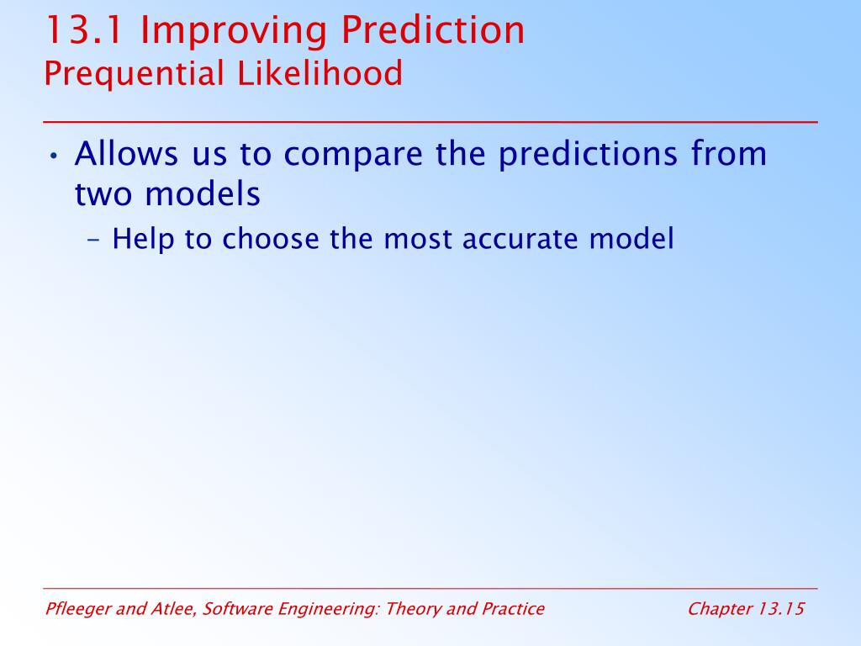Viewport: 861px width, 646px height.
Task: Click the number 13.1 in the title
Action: pos(84,30)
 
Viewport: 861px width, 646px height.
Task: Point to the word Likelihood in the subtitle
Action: pos(320,73)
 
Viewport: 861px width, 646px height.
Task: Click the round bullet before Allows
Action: pos(53,156)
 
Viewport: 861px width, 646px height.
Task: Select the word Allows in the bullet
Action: pos(126,153)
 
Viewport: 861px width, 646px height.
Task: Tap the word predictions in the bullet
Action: pos(588,155)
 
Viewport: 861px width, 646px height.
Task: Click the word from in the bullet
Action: pos(729,153)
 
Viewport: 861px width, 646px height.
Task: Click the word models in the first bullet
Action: pos(203,193)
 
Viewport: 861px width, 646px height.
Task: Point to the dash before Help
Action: pos(94,240)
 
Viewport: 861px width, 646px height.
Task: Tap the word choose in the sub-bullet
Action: pos(270,240)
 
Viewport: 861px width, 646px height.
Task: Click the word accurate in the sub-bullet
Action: pos(520,240)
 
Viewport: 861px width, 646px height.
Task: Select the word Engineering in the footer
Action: pos(328,610)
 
